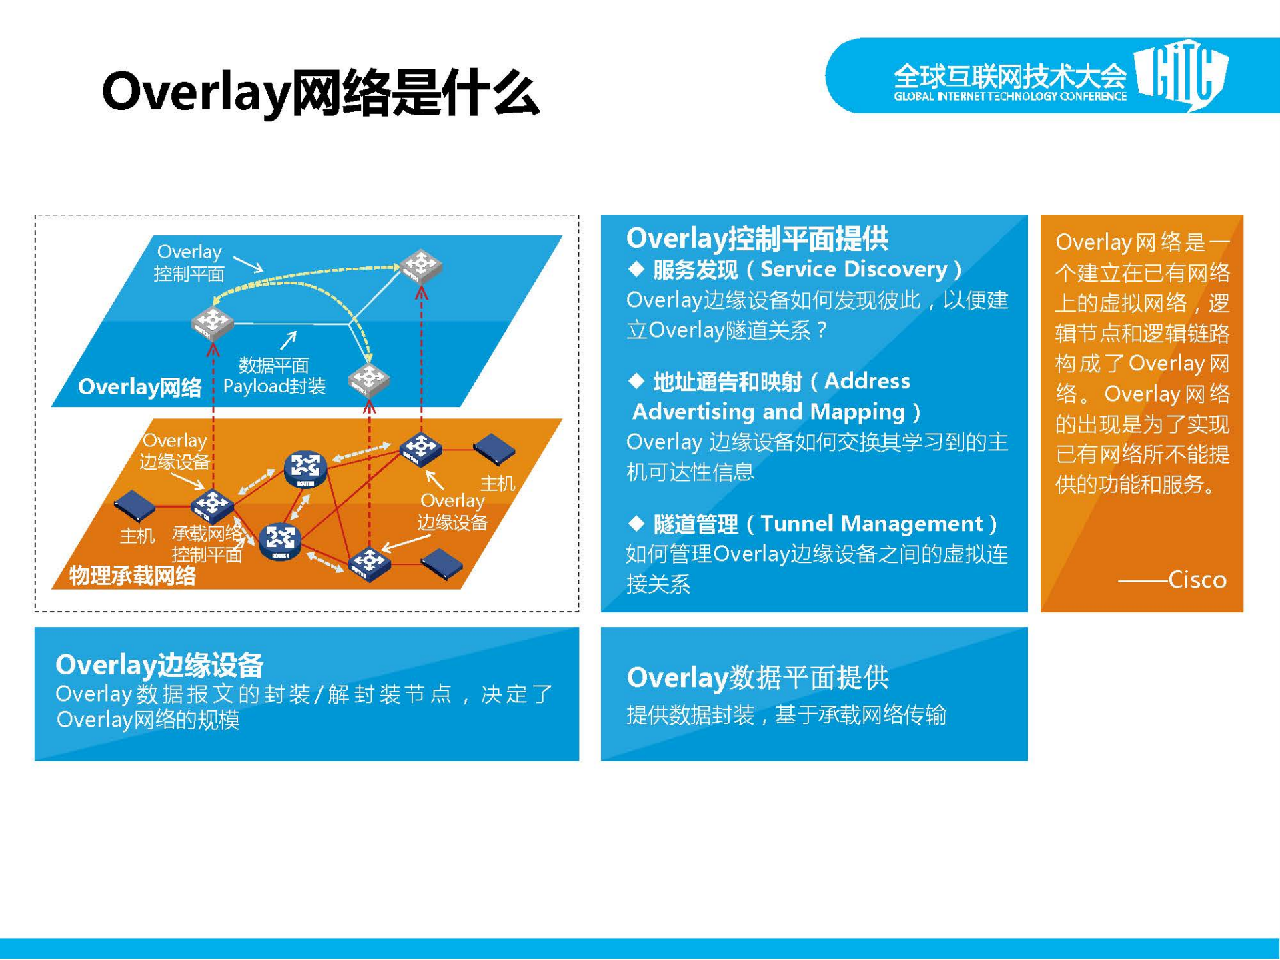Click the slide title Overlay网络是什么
320,93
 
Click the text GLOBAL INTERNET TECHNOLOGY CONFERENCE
1009,97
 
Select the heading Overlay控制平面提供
757,238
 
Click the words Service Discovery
853,269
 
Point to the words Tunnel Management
871,524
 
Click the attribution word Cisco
1197,580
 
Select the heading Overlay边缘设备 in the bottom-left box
160,664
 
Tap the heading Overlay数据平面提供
757,678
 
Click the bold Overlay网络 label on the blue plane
139,387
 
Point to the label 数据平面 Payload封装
273,376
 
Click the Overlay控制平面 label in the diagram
189,263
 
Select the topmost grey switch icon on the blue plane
421,265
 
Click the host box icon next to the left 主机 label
135,506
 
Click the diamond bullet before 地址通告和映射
636,381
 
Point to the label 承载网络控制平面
207,544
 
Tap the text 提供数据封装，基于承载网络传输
786,715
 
